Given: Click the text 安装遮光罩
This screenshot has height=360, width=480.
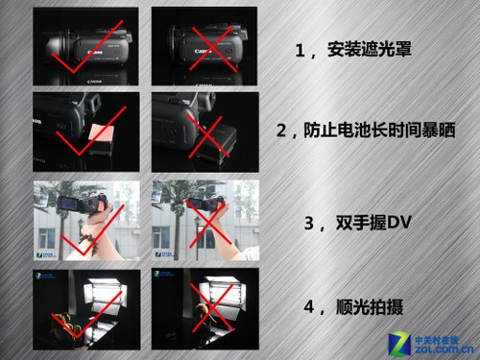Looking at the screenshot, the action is point(370,50).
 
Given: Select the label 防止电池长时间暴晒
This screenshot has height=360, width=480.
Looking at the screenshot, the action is point(379,131).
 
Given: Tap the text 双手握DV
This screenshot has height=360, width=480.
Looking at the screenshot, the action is point(373,223).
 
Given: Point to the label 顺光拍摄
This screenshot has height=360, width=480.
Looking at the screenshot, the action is point(370,307).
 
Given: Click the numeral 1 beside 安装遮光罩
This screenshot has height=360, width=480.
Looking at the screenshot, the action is point(300,51).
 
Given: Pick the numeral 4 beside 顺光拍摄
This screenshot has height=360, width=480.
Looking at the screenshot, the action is point(309,307).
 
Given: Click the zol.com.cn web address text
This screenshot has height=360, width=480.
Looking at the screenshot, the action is point(444,349).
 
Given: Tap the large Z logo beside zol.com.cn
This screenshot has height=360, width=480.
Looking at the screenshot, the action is point(399,344).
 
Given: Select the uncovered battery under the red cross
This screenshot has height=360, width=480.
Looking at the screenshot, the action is point(216,143).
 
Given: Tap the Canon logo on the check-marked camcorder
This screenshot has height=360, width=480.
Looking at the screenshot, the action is point(95,52).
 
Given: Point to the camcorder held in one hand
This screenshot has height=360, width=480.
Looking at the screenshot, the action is point(205,204).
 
